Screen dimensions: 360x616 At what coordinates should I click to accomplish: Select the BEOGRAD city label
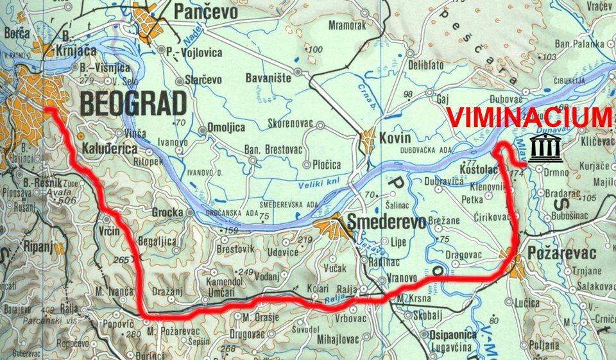(x=133, y=103)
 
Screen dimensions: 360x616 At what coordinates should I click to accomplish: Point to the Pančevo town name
(x=206, y=12)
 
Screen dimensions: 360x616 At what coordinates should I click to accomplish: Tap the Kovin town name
(x=395, y=138)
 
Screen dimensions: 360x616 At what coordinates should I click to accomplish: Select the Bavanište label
(x=268, y=78)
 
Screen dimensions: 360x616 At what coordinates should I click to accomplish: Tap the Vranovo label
(x=403, y=279)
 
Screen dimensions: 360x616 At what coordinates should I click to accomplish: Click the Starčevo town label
(x=203, y=80)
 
